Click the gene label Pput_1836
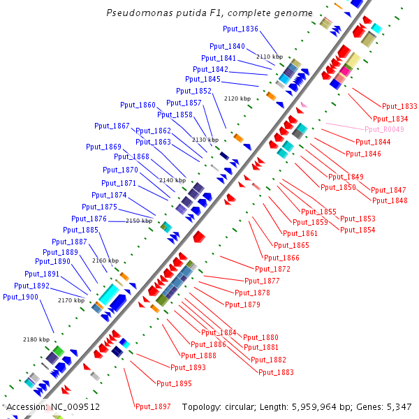(240, 29)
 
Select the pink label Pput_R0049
(384, 129)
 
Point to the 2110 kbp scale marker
(269, 57)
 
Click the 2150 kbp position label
(138, 221)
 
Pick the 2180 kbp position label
(36, 339)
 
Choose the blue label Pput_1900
(20, 297)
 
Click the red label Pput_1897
(153, 406)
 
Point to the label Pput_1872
(272, 269)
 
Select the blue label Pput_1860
(138, 105)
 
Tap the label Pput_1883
(276, 372)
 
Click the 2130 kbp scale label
(205, 140)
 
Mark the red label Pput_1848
(390, 200)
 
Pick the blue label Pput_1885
(80, 230)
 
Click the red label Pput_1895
(174, 383)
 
